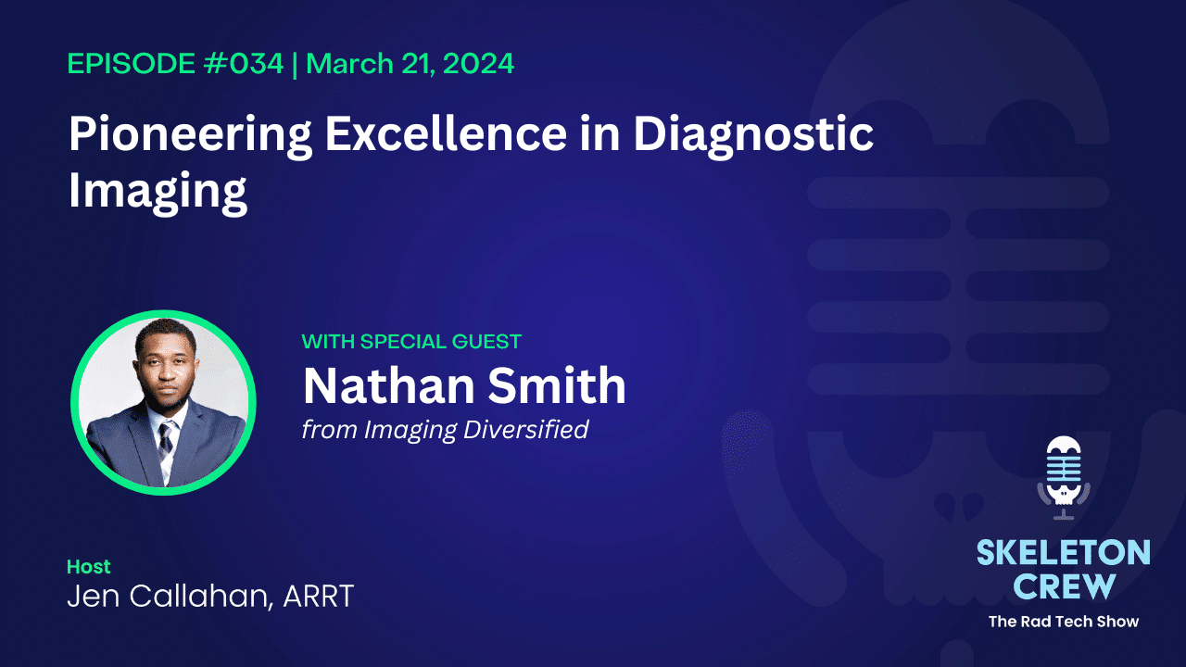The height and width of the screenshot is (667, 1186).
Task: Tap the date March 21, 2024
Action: [410, 64]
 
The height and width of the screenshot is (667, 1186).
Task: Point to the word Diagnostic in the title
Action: [753, 135]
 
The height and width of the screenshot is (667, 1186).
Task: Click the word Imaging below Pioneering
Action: [158, 192]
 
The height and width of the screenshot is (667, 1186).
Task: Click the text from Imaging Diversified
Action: [445, 430]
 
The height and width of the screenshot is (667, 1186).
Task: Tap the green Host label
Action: [88, 566]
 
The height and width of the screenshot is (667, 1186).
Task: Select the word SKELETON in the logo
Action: [1063, 554]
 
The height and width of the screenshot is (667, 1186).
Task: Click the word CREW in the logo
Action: [1063, 585]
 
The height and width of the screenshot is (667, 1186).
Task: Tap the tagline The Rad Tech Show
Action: [1063, 621]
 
